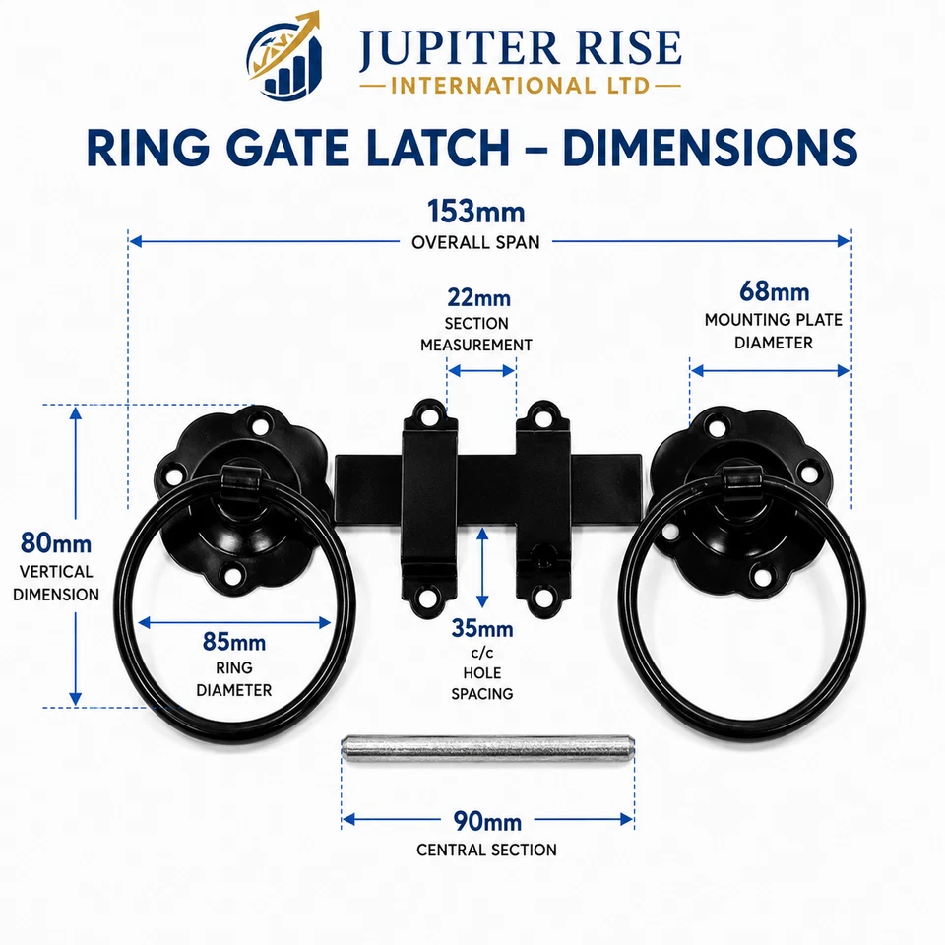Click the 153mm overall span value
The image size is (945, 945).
475,213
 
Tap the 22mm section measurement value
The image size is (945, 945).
478,297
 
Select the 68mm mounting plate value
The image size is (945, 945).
774,291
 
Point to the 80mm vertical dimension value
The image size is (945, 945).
56,543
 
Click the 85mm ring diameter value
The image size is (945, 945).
234,642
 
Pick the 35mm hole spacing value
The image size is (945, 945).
482,629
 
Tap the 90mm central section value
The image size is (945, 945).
487,821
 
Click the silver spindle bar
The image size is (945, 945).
487,748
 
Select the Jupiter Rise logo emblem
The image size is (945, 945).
284,55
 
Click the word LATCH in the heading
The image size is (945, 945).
437,148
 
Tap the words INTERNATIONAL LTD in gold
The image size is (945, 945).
520,86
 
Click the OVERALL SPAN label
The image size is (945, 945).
475,242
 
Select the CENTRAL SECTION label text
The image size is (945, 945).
486,850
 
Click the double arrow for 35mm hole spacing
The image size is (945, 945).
482,567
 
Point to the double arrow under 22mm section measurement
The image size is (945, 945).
481,371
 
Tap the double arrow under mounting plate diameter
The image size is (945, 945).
770,371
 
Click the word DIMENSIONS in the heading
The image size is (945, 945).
710,148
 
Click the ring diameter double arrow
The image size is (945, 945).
234,622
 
